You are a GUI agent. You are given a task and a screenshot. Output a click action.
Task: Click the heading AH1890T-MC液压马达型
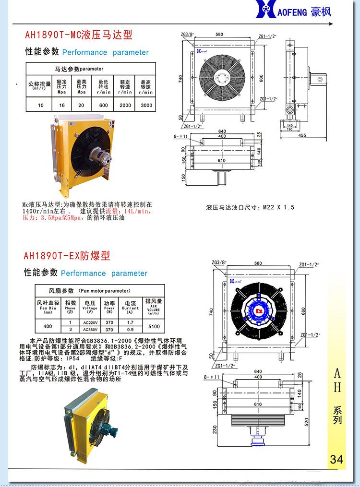(x=78, y=35)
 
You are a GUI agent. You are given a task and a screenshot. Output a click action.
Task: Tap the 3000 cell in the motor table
(x=146, y=105)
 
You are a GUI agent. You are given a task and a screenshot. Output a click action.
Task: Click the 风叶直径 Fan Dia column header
(x=48, y=306)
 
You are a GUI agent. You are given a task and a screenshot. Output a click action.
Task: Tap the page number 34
(x=336, y=459)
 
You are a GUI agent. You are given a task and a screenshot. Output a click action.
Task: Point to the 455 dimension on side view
(x=301, y=135)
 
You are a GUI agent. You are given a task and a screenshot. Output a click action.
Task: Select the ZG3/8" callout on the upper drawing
(x=187, y=35)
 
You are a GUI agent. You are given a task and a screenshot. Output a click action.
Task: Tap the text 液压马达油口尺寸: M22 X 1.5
(x=250, y=207)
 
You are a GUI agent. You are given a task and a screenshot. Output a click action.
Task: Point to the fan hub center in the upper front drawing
(x=222, y=78)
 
